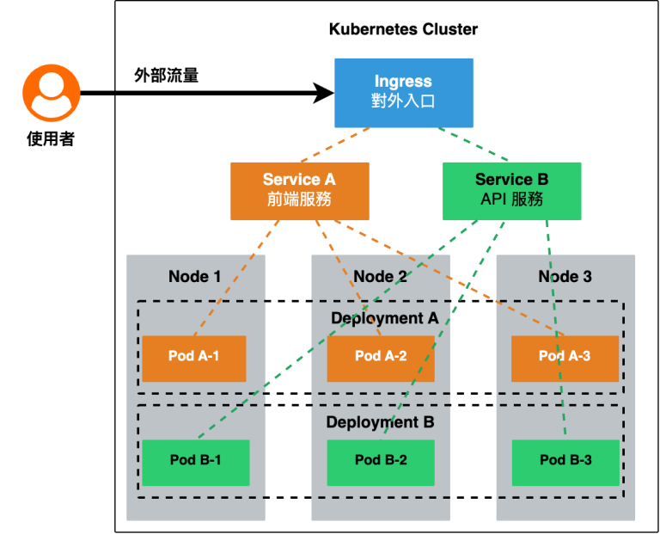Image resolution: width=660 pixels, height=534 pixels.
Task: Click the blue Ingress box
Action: point(403,91)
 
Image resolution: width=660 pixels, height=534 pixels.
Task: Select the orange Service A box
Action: point(299,190)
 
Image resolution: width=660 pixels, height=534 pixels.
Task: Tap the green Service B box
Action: point(511,190)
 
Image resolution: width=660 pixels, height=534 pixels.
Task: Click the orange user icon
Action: point(51,94)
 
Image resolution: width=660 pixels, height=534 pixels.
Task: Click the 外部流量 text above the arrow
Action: point(167,75)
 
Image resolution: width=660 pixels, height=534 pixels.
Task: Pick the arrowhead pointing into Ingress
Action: point(324,92)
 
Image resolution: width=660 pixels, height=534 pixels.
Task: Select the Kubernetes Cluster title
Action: point(403,29)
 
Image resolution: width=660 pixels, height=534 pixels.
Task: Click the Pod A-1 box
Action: point(193,357)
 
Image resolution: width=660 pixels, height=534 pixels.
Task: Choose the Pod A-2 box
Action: point(380,357)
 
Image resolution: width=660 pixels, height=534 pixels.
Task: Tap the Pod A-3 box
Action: point(565,357)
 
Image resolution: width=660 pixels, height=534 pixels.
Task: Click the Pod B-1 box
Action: point(195,461)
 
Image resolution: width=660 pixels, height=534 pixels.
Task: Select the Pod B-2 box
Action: point(381,461)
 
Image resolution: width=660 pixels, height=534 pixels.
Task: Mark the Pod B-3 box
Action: point(565,461)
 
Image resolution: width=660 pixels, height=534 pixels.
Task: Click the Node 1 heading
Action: point(194,276)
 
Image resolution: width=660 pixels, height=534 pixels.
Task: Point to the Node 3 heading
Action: point(565,276)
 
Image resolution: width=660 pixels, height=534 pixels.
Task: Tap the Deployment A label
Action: point(384,318)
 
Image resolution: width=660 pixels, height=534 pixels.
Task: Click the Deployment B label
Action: point(380,422)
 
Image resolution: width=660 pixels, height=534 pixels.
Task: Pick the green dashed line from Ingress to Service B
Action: point(474,144)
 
